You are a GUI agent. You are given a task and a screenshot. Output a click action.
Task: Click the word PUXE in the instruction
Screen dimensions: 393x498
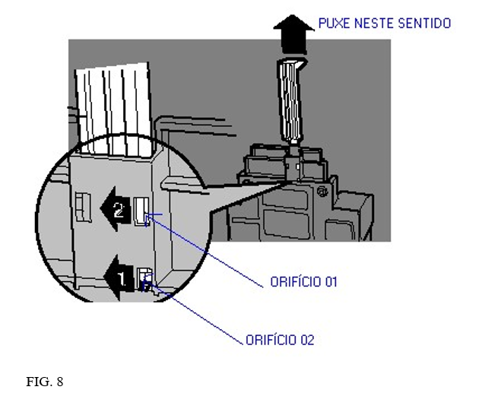tap(333, 24)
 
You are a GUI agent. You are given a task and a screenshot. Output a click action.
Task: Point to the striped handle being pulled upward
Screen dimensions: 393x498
tap(293, 99)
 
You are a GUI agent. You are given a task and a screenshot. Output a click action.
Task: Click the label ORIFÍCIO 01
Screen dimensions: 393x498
tap(303, 282)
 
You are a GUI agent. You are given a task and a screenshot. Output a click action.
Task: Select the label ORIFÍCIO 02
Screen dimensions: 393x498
tap(280, 340)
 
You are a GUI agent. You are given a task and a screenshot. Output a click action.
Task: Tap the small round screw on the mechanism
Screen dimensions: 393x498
tap(324, 191)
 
